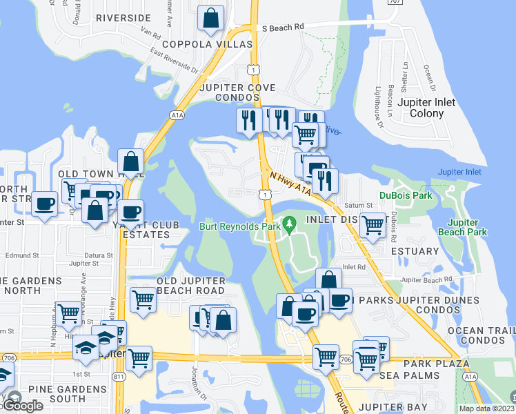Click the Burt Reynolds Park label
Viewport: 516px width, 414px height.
click(240, 226)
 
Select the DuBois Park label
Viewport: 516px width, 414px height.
click(406, 195)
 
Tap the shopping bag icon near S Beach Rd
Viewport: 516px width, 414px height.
click(210, 19)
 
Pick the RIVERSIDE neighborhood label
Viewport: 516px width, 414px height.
click(123, 17)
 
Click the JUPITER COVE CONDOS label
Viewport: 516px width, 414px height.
click(237, 94)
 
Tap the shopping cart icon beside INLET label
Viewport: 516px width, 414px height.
click(373, 224)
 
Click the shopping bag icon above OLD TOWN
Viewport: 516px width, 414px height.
click(131, 163)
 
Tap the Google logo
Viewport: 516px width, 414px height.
click(23, 406)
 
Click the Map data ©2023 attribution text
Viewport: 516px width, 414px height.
click(486, 408)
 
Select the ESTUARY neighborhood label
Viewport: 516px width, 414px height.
click(415, 251)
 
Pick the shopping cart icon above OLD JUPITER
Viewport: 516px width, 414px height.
click(143, 299)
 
